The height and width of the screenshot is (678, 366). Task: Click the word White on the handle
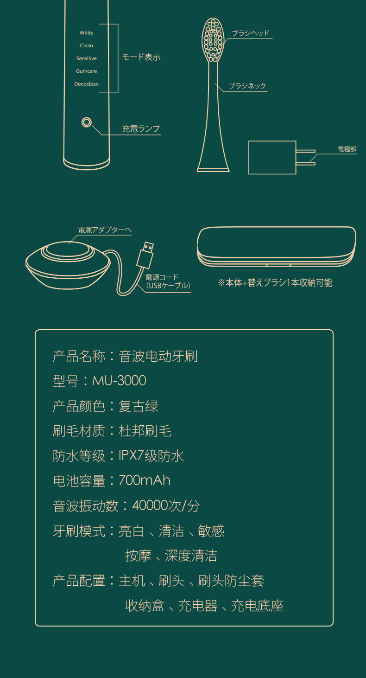tap(87, 32)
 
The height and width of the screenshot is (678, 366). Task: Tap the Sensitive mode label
tap(87, 58)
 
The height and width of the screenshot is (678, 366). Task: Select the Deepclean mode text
tap(87, 84)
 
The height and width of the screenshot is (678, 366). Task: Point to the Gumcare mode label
tap(87, 71)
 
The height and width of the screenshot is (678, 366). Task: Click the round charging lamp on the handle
tap(87, 122)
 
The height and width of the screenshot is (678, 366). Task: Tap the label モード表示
tap(141, 57)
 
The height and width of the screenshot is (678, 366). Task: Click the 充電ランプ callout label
tap(141, 128)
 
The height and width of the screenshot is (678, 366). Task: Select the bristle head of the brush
tap(213, 40)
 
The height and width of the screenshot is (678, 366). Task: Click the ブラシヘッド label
tap(251, 33)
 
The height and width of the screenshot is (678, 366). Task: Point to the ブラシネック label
tap(247, 86)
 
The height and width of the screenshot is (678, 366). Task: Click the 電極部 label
tap(347, 149)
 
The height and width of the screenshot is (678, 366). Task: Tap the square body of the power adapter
tap(272, 157)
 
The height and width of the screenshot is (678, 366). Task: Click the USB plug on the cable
tap(145, 255)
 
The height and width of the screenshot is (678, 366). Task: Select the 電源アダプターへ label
tap(105, 230)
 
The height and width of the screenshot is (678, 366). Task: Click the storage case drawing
tap(277, 246)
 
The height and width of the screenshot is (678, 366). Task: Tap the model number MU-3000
tap(119, 380)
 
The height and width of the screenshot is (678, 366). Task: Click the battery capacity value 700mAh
tap(145, 480)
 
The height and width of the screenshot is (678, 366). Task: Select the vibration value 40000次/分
tap(166, 505)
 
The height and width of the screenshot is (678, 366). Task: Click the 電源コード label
tap(162, 277)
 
